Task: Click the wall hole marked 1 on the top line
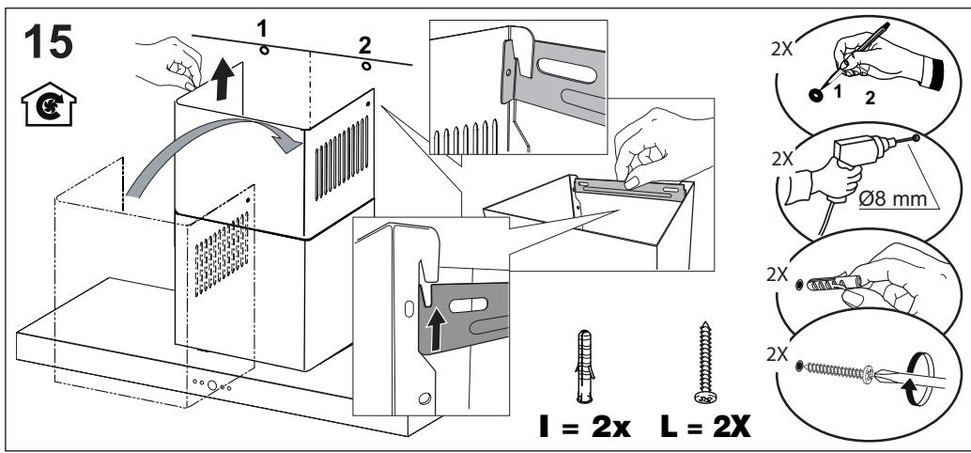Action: click(x=264, y=50)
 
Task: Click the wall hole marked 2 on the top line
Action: click(x=366, y=66)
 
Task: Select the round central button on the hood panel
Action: click(x=212, y=385)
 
